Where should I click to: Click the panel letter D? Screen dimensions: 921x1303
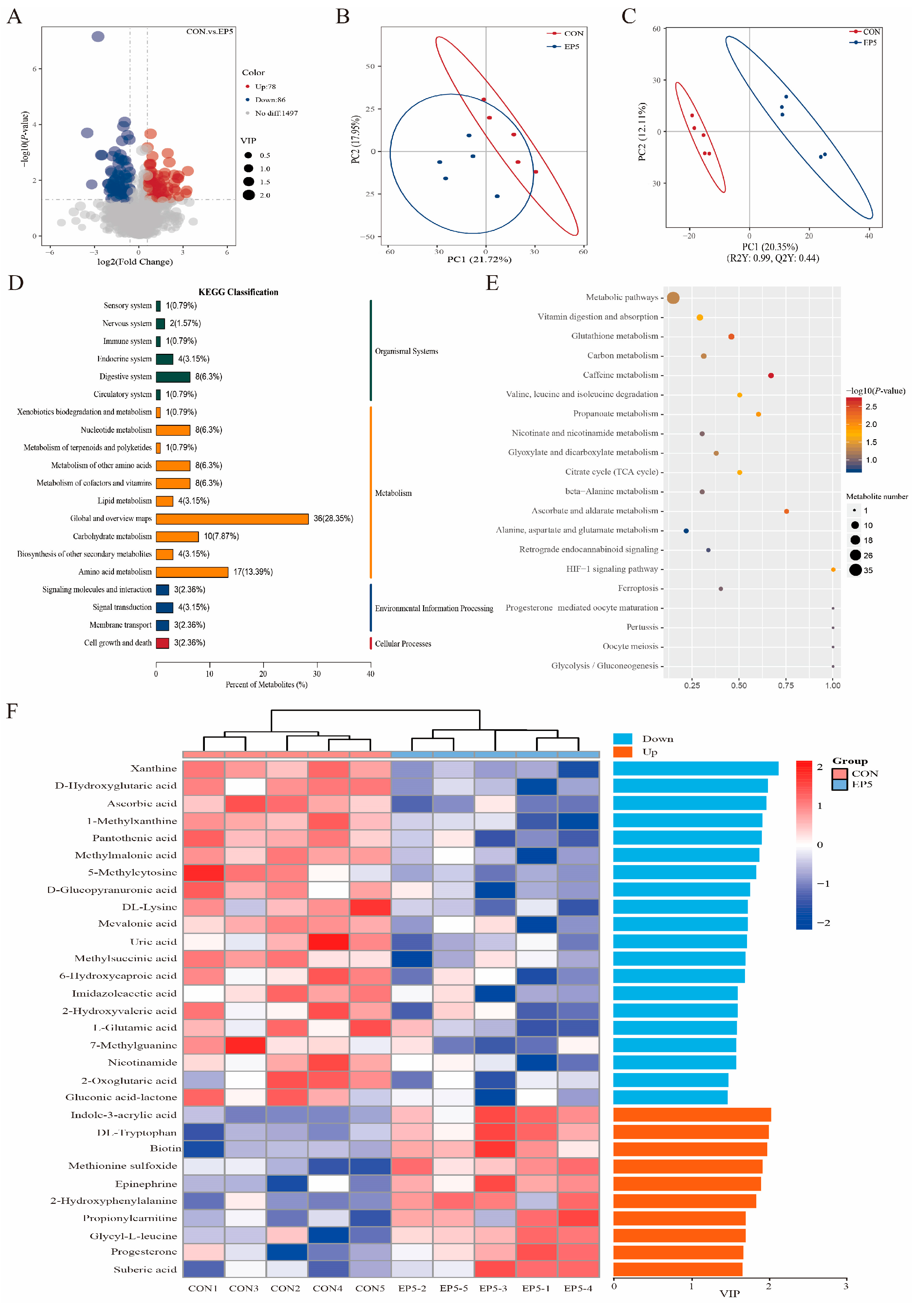pyautogui.click(x=16, y=283)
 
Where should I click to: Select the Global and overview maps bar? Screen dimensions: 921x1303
pyautogui.click(x=232, y=519)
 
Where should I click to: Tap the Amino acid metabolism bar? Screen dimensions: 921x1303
pyautogui.click(x=192, y=572)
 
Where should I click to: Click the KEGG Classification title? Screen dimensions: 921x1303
pyautogui.click(x=238, y=292)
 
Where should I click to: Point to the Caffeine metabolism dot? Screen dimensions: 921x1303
pyautogui.click(x=771, y=376)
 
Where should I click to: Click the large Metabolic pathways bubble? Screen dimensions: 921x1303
pyautogui.click(x=673, y=298)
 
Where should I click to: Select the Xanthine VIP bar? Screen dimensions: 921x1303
pyautogui.click(x=696, y=768)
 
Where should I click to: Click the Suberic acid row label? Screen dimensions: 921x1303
pyautogui.click(x=145, y=1269)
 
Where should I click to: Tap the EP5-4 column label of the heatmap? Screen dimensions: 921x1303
pyautogui.click(x=578, y=1288)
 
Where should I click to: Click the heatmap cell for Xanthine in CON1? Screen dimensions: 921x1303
pyautogui.click(x=204, y=769)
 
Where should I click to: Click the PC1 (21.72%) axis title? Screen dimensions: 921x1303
pyautogui.click(x=479, y=259)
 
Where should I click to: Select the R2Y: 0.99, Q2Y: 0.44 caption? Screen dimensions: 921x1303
pyautogui.click(x=773, y=258)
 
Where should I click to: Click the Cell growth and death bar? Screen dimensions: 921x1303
pyautogui.click(x=162, y=643)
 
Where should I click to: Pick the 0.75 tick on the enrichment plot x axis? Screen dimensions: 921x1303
pyautogui.click(x=786, y=686)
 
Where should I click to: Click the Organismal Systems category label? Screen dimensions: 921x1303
pyautogui.click(x=406, y=351)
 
